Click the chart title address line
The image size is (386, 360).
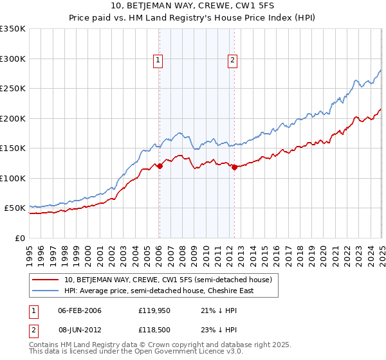click(193, 7)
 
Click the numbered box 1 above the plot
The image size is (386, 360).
click(158, 61)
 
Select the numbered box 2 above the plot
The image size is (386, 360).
click(232, 61)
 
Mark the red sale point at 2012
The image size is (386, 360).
click(234, 167)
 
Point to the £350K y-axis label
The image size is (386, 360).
click(13, 29)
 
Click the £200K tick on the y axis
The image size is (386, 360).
click(13, 118)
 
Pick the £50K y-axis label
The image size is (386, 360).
click(15, 208)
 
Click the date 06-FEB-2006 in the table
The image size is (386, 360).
click(80, 311)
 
